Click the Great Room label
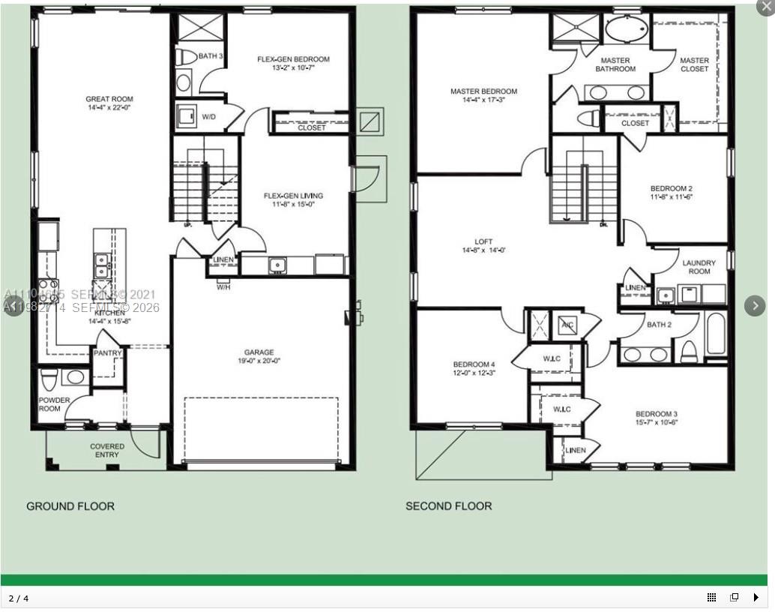109,99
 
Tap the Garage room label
259,352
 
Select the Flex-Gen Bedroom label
293,59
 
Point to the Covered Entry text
107,451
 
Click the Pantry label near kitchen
107,353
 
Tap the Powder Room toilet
49,379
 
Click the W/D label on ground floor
210,117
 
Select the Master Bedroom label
483,91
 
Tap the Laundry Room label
699,267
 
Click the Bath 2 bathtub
715,335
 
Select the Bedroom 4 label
474,364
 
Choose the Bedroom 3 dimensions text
657,422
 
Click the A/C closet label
567,325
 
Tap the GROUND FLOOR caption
70,506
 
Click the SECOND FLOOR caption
448,506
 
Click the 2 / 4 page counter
19,598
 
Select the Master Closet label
694,64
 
